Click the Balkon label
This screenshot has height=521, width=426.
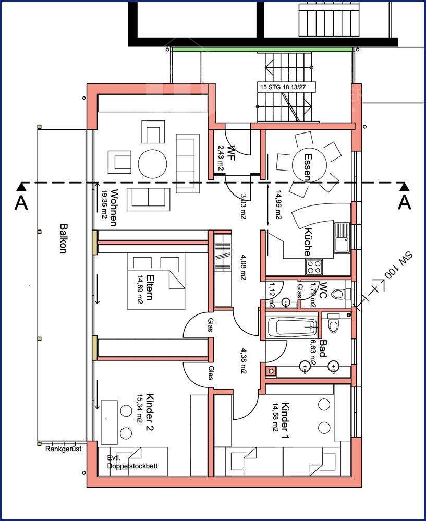63,239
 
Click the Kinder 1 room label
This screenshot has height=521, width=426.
285,420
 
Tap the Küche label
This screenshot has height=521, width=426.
308,242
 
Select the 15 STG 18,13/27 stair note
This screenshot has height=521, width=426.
286,87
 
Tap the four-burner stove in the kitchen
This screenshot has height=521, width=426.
314,267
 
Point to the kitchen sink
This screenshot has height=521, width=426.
342,237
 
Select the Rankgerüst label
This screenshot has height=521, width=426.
63,449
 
